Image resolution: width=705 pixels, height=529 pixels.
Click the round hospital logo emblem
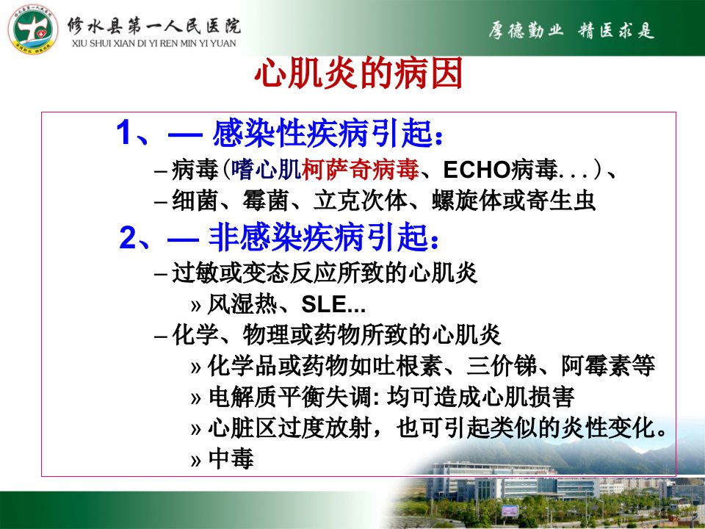click(x=33, y=30)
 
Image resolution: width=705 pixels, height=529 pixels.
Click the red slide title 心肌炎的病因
click(x=358, y=73)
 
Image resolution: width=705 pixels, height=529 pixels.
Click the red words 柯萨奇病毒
click(x=360, y=170)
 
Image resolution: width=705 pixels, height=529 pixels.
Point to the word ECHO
click(x=477, y=170)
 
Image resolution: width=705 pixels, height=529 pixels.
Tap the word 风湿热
click(x=242, y=304)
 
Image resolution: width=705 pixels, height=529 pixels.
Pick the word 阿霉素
click(x=596, y=366)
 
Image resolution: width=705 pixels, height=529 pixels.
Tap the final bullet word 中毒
click(x=231, y=458)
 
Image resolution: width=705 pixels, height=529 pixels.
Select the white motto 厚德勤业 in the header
click(x=526, y=31)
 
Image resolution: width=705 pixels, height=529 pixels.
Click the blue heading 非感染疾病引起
click(x=318, y=237)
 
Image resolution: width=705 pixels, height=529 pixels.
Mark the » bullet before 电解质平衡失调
click(x=195, y=398)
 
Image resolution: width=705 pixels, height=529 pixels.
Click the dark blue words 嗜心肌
click(x=266, y=170)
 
